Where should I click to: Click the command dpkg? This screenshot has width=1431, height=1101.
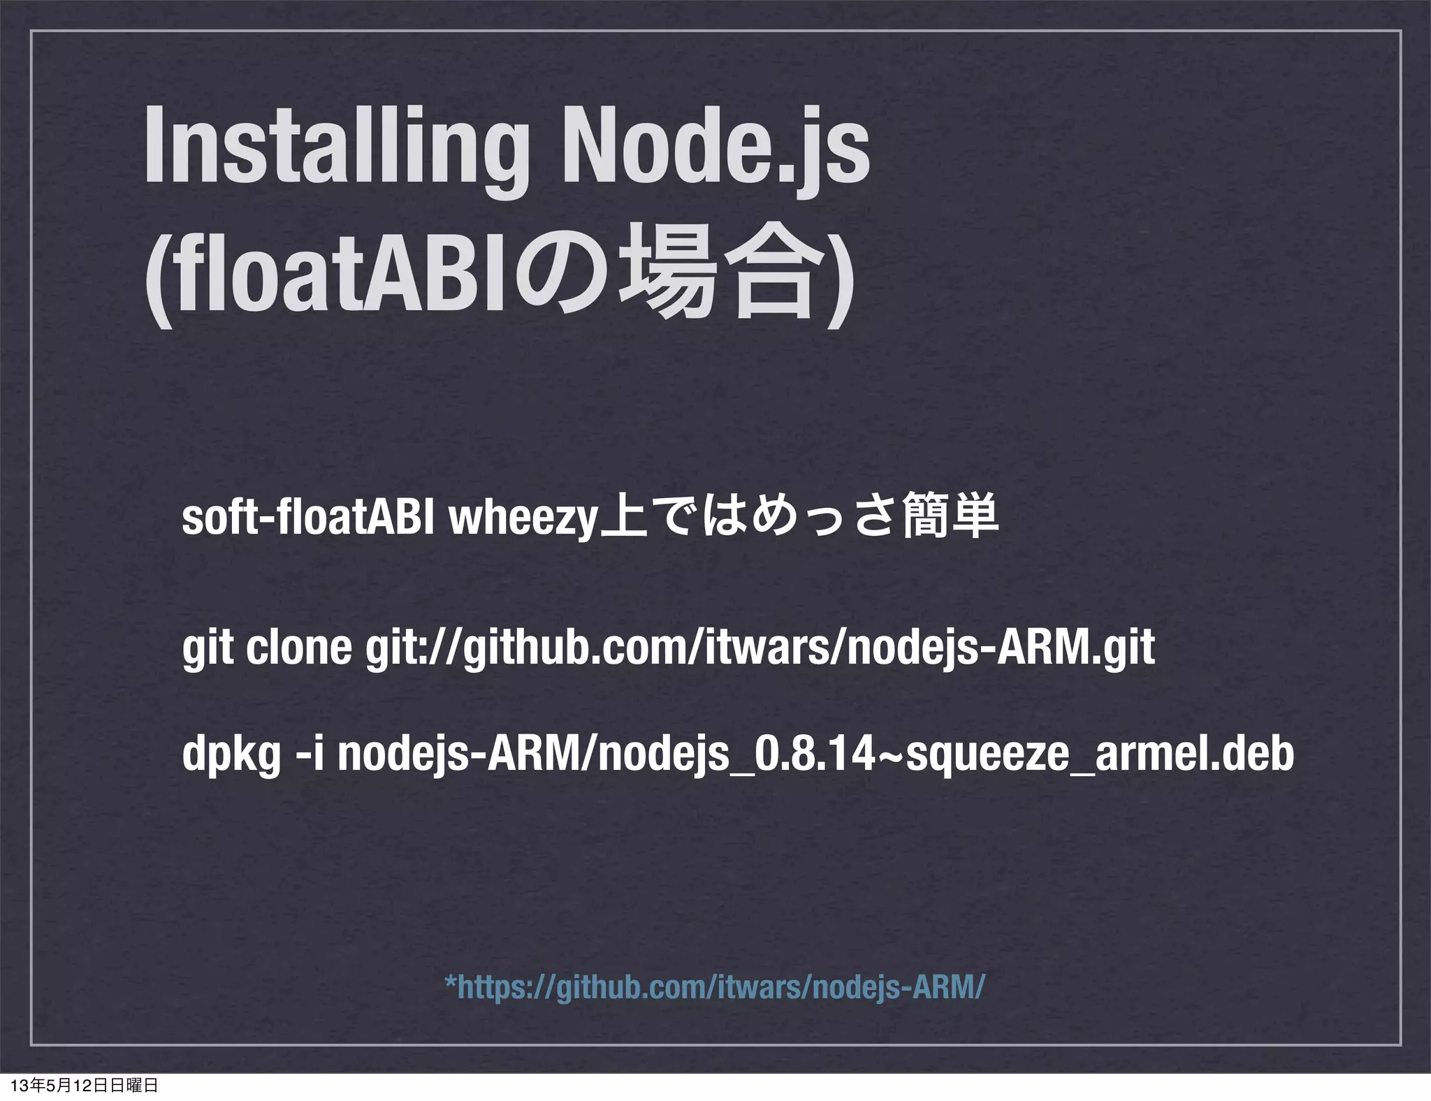tap(231, 756)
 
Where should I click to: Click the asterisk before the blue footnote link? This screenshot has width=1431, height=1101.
tap(451, 982)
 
